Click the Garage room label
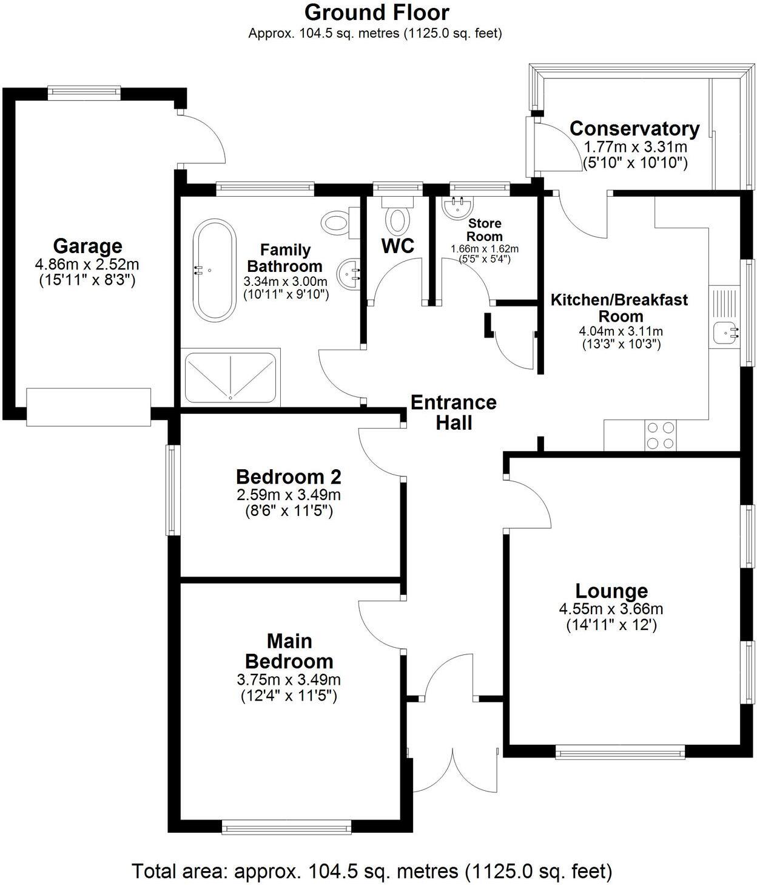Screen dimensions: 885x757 pyautogui.click(x=87, y=246)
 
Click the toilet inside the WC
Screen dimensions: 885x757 pyautogui.click(x=397, y=220)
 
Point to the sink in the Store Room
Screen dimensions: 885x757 pyautogui.click(x=458, y=207)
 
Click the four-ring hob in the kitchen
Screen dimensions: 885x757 pyautogui.click(x=661, y=435)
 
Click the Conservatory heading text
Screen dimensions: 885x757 pyautogui.click(x=634, y=129)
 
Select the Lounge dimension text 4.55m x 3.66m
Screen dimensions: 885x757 pyautogui.click(x=611, y=609)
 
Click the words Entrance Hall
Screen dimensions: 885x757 pyautogui.click(x=454, y=412)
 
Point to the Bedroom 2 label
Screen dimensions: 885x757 pyautogui.click(x=289, y=476)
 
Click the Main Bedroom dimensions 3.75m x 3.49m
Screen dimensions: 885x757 pyautogui.click(x=289, y=679)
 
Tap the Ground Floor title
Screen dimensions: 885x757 pyautogui.click(x=377, y=12)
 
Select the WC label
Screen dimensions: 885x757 pyautogui.click(x=398, y=246)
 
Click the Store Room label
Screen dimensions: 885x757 pyautogui.click(x=484, y=230)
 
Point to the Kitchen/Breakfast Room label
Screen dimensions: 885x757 pyautogui.click(x=619, y=308)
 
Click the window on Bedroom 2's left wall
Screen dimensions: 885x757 pyautogui.click(x=173, y=490)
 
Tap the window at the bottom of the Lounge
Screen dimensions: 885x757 pyautogui.click(x=620, y=753)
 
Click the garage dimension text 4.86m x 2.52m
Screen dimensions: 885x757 pyautogui.click(x=87, y=265)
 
